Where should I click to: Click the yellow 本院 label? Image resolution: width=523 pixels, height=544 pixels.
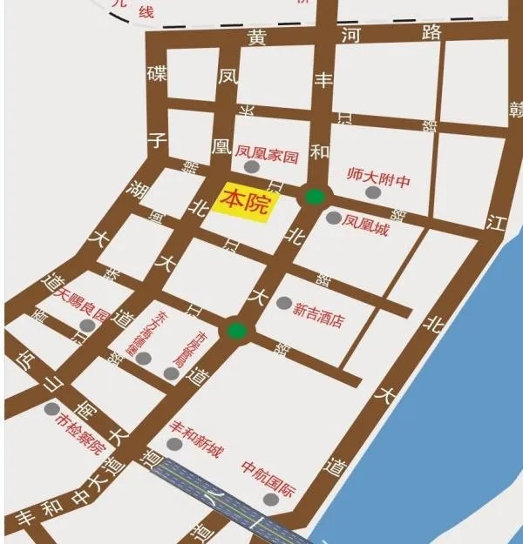(246, 201)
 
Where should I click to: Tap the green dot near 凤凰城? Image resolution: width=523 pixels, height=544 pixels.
(314, 197)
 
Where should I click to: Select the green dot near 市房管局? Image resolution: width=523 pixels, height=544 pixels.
(235, 330)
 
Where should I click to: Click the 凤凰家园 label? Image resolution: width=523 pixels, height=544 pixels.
(267, 157)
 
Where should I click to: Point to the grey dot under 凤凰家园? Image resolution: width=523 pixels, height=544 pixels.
(252, 166)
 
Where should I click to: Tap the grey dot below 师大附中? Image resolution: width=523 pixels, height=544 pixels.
(372, 192)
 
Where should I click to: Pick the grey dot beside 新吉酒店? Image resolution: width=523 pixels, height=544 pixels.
(284, 303)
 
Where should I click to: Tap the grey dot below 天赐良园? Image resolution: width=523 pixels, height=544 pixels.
(87, 326)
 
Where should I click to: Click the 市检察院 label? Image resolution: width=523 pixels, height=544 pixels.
(79, 431)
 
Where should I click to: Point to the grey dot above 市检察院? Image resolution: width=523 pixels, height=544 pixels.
(52, 409)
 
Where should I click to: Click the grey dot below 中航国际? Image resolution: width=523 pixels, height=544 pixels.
(272, 500)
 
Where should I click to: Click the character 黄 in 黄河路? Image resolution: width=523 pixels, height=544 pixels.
(256, 37)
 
